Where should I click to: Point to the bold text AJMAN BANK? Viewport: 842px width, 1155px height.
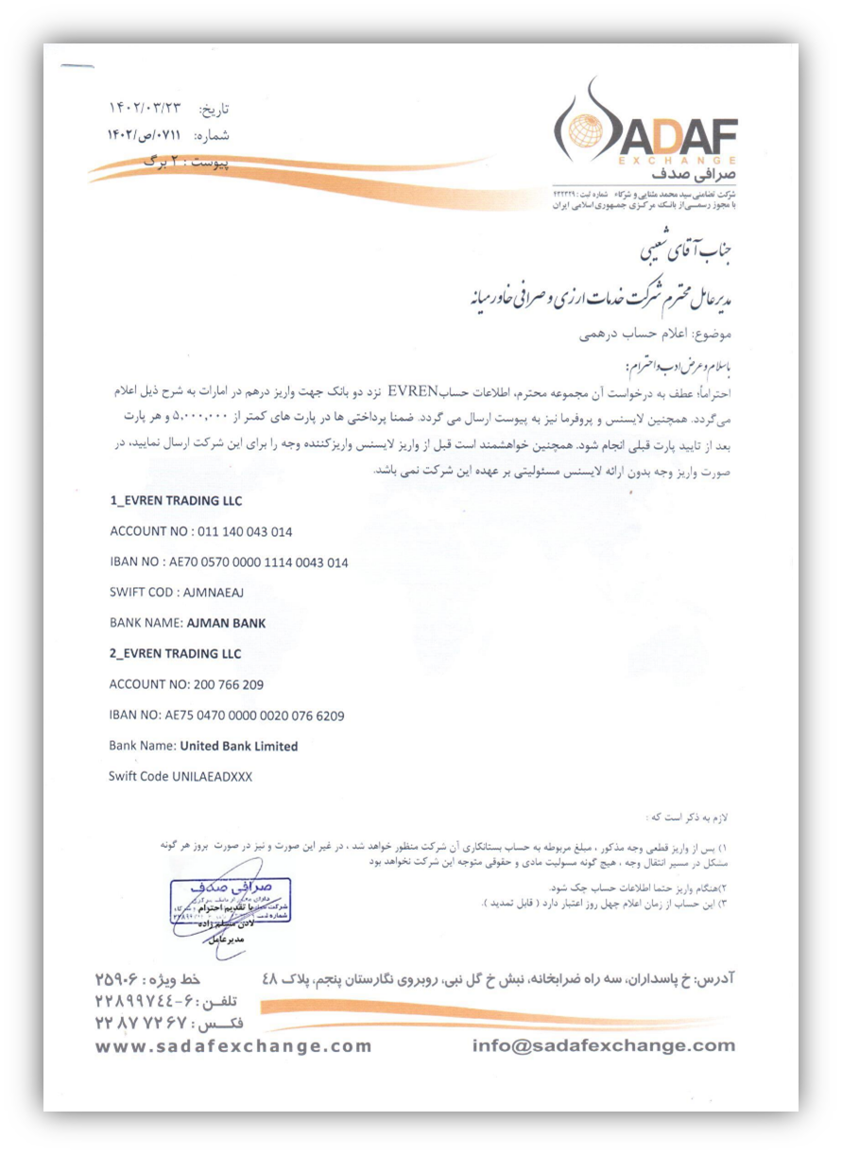(226, 624)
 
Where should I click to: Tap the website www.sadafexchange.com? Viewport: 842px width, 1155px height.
(234, 1046)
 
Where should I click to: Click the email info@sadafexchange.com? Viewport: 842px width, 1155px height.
(604, 1046)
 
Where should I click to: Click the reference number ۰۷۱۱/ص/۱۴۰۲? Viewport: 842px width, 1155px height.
(152, 135)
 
